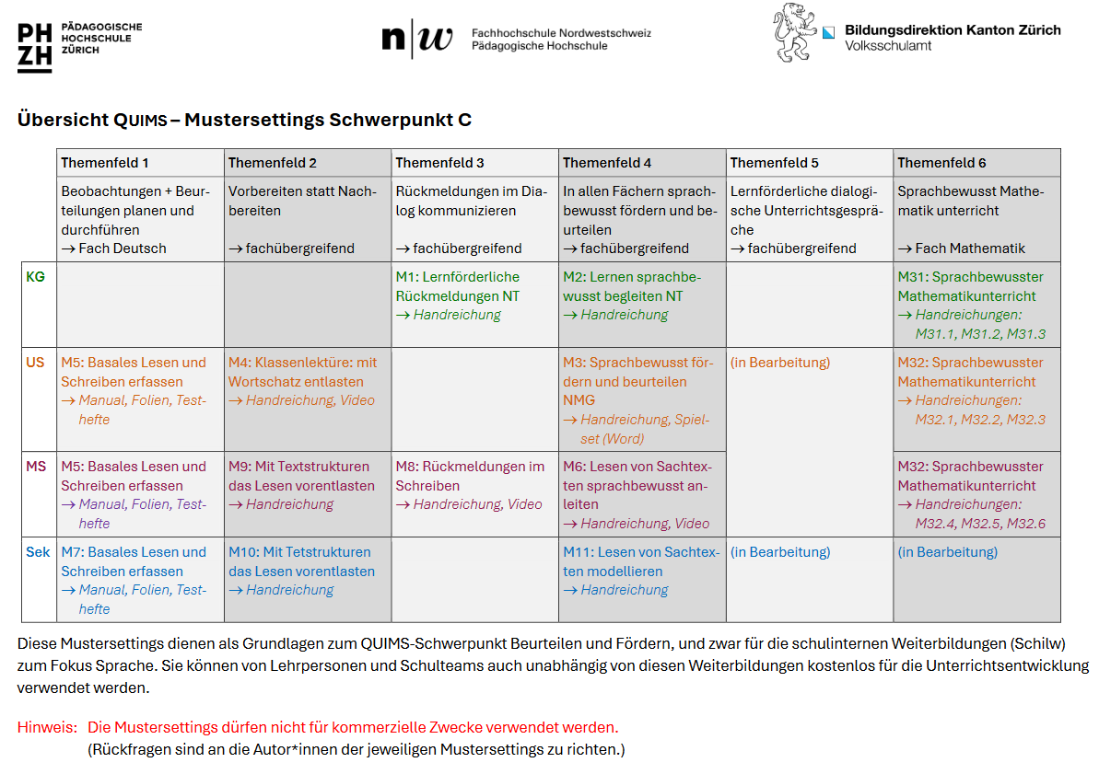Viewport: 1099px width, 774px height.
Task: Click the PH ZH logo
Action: coord(35,48)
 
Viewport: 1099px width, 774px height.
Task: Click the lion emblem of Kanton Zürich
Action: coord(794,33)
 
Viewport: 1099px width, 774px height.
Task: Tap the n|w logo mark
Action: coord(417,39)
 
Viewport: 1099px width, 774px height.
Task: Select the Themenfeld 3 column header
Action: coord(439,163)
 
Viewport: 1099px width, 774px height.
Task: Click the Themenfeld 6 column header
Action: coord(941,163)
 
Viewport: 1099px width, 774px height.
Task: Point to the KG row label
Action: coord(36,277)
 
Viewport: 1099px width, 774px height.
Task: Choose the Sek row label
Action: coord(38,552)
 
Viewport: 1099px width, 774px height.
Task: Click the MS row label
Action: coord(36,467)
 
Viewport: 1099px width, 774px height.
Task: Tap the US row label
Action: coord(35,363)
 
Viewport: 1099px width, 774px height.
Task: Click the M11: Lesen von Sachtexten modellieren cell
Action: coord(641,571)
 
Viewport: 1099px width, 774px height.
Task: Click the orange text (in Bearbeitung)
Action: coord(780,363)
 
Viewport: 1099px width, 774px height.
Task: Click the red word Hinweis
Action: coord(47,728)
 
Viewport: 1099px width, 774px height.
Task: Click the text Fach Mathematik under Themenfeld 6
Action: coord(969,248)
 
